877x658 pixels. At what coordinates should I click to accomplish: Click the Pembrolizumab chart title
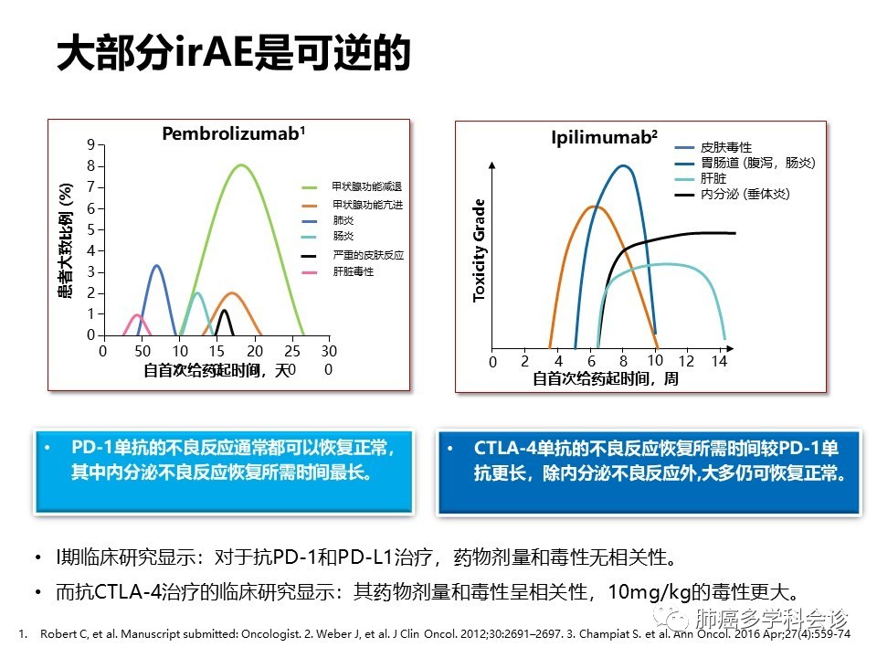coord(233,133)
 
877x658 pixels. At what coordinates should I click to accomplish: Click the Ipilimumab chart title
coord(604,138)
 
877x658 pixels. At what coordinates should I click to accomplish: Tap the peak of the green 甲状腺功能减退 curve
coord(241,164)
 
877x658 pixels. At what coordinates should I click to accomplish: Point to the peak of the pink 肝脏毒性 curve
coord(138,315)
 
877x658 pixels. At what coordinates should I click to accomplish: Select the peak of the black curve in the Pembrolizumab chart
coord(225,310)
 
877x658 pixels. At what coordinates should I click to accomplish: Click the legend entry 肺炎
coord(343,220)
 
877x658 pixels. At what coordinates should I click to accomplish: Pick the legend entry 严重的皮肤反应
coord(368,255)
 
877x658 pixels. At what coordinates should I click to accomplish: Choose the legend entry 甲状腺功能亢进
coord(367,205)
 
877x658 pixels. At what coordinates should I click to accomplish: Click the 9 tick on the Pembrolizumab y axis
coord(91,145)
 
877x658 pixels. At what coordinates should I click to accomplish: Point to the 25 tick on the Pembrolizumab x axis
coord(292,351)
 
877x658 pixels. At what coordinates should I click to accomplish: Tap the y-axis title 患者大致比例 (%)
coord(66,240)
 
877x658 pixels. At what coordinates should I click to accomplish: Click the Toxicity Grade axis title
coord(479,250)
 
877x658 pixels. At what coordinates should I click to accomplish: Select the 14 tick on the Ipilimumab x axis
coord(719,361)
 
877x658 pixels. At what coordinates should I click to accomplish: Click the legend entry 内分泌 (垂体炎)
coord(745,194)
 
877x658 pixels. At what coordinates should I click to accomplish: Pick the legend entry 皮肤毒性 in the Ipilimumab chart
coord(726,147)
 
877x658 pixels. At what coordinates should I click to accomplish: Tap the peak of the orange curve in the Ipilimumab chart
coord(594,207)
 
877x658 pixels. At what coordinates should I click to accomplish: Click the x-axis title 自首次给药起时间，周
coord(605,378)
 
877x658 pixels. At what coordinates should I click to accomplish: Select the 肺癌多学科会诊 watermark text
coord(772,619)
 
